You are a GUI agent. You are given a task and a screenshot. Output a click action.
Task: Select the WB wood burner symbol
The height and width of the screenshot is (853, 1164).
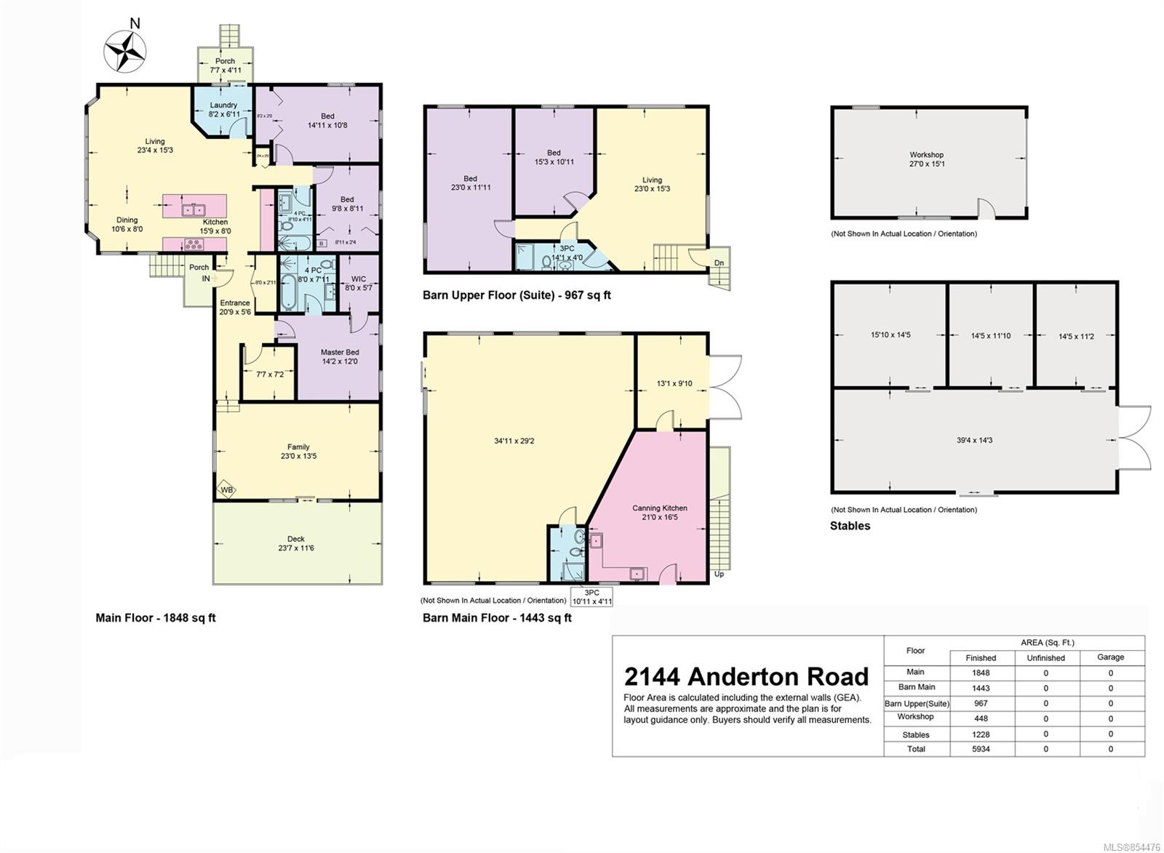point(227,490)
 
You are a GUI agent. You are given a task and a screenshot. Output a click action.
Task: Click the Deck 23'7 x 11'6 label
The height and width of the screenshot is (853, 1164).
point(296,543)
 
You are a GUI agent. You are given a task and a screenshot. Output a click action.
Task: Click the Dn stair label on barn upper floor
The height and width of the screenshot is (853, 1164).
point(719,263)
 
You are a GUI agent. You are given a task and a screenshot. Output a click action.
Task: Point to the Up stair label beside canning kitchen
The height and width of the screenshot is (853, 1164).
point(719,574)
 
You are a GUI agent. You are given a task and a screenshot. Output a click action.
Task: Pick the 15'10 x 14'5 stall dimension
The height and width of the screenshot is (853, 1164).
point(890,335)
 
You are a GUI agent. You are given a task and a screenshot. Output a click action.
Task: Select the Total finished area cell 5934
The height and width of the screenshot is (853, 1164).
point(981,748)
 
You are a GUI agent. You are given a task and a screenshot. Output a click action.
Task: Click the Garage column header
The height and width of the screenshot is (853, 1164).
point(1110,657)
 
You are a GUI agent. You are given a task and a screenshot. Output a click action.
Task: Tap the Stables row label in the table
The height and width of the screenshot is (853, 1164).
point(916,734)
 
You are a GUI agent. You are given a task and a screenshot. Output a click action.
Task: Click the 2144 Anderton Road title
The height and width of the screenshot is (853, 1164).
point(746,676)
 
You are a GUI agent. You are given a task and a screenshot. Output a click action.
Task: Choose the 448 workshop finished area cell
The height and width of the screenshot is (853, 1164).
point(981,718)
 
